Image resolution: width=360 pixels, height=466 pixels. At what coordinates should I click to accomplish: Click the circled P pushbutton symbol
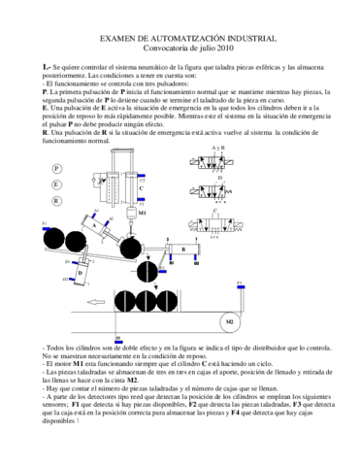[x=56, y=168]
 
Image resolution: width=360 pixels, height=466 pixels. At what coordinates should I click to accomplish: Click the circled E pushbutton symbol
[x=56, y=184]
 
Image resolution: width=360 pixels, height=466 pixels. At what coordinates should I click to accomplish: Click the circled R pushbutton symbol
[x=56, y=201]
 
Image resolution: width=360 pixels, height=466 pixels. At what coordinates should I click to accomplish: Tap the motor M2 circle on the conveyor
[x=229, y=321]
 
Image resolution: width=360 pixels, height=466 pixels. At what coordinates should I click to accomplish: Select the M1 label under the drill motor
[x=143, y=212]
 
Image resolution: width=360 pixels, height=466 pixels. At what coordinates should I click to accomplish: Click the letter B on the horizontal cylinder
[x=182, y=250]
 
